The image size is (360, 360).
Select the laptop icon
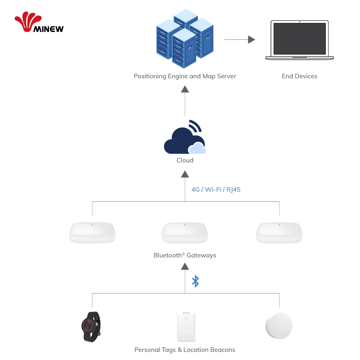click(x=299, y=40)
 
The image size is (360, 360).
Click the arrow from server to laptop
click(x=239, y=40)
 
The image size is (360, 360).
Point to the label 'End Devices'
click(x=299, y=76)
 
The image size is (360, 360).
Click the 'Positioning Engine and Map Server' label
click(x=184, y=76)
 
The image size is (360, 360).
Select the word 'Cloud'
click(x=184, y=160)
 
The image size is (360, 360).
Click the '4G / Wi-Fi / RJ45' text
click(x=216, y=189)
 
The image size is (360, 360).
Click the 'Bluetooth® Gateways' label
click(x=184, y=255)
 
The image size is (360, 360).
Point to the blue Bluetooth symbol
click(x=195, y=281)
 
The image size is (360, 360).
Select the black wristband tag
click(x=90, y=325)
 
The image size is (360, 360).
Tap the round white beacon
click(x=279, y=326)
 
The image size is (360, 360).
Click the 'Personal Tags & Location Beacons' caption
click(x=184, y=350)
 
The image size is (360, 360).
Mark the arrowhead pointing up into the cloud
click(x=184, y=175)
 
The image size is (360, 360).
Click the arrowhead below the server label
click(x=184, y=89)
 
